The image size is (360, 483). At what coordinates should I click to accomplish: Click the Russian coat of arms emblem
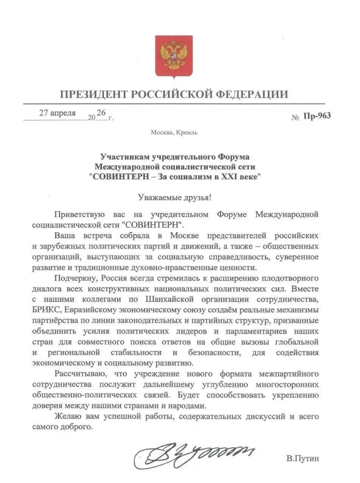(174, 56)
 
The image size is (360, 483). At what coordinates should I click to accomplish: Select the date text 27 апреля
(57, 113)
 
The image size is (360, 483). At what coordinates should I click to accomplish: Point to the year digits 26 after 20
(101, 113)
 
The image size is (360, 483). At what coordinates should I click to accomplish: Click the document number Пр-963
(317, 116)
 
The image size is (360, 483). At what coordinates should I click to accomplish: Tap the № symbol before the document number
(296, 118)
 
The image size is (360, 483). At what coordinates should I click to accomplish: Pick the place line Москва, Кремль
(174, 132)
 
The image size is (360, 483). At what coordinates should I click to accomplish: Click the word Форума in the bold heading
(233, 157)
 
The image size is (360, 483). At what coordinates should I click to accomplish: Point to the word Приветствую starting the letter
(80, 214)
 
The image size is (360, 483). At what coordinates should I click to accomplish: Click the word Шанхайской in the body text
(170, 299)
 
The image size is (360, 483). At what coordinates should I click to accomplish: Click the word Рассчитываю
(79, 374)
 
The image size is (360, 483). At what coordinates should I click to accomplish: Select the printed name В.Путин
(303, 459)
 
